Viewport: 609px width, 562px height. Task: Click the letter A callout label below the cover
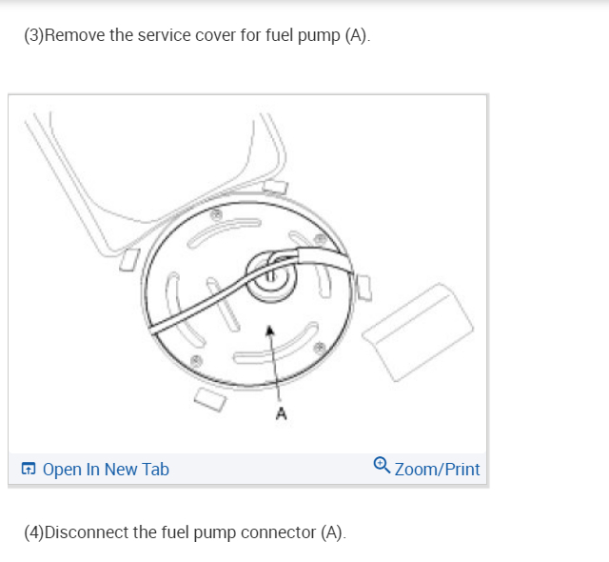(x=281, y=413)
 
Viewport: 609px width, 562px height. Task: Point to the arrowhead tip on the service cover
(x=271, y=328)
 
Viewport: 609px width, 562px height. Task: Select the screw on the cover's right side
(x=322, y=345)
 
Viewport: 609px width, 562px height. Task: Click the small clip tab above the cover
(x=275, y=186)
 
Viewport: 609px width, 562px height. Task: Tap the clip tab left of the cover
(x=129, y=259)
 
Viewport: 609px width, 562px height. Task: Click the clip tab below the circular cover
(x=210, y=398)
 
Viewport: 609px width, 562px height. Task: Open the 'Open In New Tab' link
(x=106, y=470)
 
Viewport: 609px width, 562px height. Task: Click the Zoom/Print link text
(x=437, y=470)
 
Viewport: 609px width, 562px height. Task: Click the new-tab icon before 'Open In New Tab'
(x=29, y=470)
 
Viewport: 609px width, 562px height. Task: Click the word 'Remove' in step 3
(x=73, y=37)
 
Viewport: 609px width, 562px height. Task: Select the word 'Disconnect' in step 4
(x=87, y=532)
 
